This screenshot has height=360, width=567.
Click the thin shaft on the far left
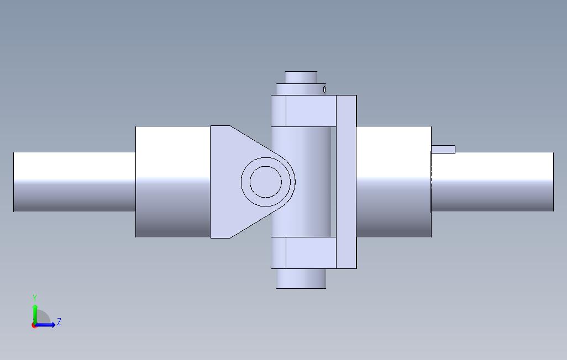tap(74, 182)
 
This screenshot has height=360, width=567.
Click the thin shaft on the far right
tap(492, 182)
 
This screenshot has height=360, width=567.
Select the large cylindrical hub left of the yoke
tap(172, 182)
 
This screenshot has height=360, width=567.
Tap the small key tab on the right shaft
tap(443, 149)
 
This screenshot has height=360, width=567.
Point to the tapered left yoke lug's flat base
tap(220, 182)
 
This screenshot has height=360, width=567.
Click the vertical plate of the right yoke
tap(347, 182)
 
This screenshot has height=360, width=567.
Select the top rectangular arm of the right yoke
tap(311, 110)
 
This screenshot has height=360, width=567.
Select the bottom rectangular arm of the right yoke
tap(311, 253)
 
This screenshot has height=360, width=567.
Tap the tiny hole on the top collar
tap(324, 89)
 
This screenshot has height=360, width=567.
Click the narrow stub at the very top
tap(301, 77)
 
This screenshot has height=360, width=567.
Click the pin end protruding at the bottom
tap(301, 278)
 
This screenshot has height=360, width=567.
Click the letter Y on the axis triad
tap(35, 298)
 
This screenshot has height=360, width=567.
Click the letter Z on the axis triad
tap(59, 321)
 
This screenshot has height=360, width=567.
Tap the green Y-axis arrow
tap(35, 312)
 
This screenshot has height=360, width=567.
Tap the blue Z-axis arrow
tap(47, 325)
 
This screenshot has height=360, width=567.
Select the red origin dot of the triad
tap(34, 325)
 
